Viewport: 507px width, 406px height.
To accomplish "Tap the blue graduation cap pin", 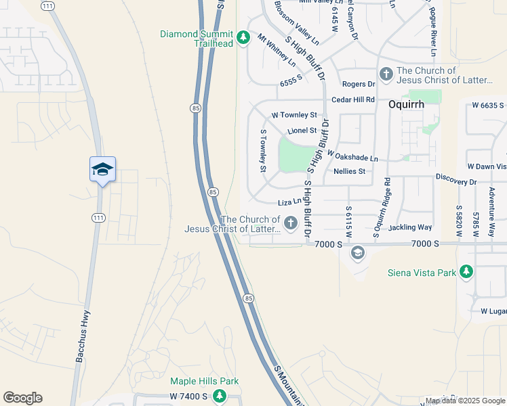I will [x=102, y=169].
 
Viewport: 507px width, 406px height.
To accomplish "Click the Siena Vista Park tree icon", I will [x=466, y=272].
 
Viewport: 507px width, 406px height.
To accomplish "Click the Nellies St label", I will [x=349, y=171].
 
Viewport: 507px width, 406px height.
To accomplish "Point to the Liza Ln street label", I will [x=289, y=202].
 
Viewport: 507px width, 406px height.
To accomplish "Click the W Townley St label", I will [x=294, y=115].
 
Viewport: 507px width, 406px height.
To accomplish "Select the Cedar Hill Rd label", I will [x=353, y=99].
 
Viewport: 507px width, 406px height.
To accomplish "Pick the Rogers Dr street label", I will [x=359, y=84].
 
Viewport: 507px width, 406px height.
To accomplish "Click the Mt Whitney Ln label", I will [x=277, y=50].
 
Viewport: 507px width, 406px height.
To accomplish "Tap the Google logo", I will [x=22, y=398].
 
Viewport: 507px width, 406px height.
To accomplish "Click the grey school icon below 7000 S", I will [x=357, y=253].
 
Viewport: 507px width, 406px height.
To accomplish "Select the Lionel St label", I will [x=302, y=130].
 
